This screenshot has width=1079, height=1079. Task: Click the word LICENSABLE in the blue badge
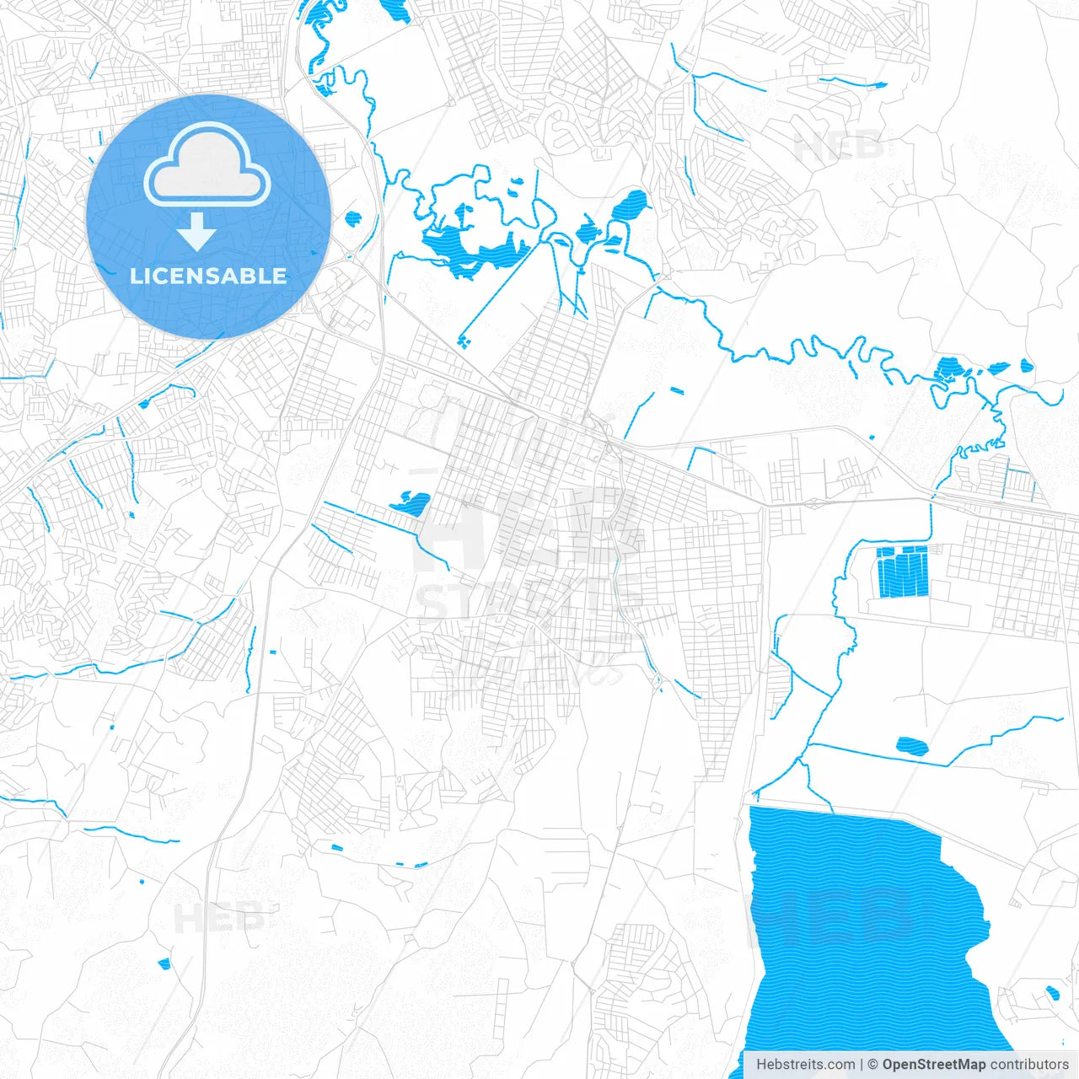click(x=208, y=276)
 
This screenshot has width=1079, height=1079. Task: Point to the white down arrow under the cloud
click(x=197, y=231)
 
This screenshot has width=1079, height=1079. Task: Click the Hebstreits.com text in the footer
click(x=806, y=1065)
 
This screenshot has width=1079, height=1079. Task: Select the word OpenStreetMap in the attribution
click(x=934, y=1065)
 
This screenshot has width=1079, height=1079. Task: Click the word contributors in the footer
click(x=1029, y=1065)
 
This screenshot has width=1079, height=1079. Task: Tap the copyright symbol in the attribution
click(x=873, y=1065)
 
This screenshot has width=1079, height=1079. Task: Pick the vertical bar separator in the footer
click(x=861, y=1065)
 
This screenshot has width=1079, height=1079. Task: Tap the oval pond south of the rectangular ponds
click(x=910, y=745)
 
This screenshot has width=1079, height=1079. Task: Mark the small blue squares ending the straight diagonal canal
click(x=464, y=341)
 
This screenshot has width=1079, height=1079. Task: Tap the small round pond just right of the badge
click(x=352, y=218)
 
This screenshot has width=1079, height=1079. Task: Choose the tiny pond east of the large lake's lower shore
click(x=1051, y=992)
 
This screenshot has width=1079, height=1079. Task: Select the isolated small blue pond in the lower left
click(x=164, y=963)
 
